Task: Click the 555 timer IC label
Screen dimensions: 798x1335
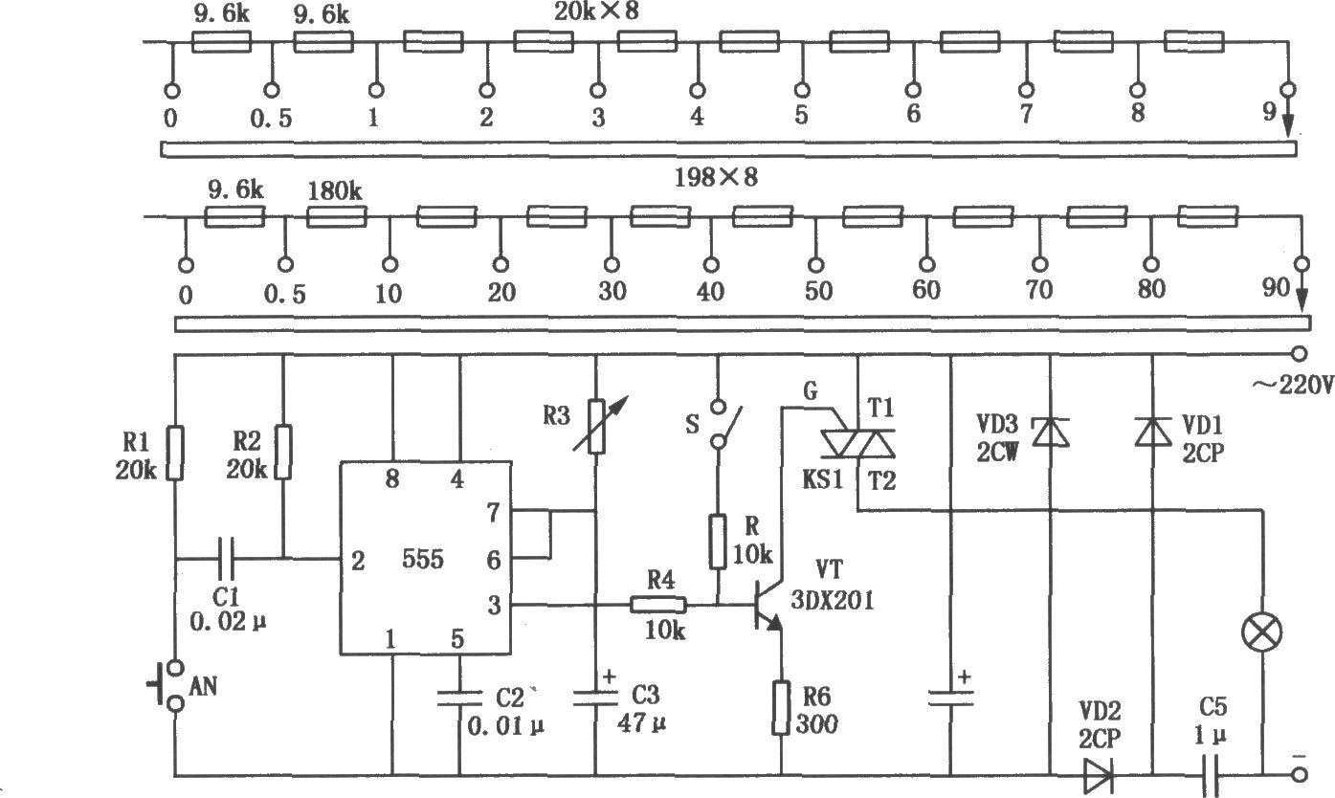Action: [422, 561]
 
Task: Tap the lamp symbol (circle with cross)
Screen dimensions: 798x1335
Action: [1261, 632]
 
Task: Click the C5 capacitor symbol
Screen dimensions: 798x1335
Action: [1209, 774]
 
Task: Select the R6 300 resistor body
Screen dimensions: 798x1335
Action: [783, 708]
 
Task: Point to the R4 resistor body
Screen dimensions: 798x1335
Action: [657, 605]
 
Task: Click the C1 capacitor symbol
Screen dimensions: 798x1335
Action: [227, 557]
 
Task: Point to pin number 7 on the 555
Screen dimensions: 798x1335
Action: [494, 514]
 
